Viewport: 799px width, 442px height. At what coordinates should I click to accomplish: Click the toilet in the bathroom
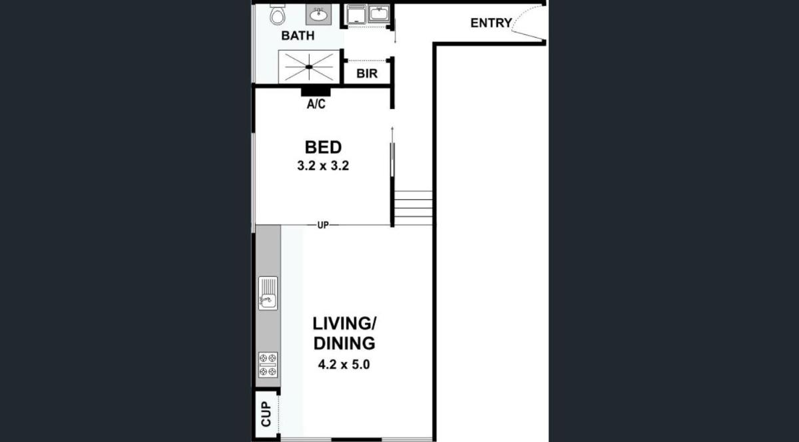click(277, 15)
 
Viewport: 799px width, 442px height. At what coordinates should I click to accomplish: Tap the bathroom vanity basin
click(318, 15)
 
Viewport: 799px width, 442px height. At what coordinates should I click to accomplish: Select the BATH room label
click(298, 36)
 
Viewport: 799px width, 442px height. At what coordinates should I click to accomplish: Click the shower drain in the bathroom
click(309, 67)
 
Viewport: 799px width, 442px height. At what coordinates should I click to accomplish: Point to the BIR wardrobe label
click(367, 73)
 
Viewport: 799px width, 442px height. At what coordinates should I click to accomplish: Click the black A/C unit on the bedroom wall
click(316, 92)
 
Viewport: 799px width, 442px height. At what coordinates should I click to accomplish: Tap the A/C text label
click(316, 104)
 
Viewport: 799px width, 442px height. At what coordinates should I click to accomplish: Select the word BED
click(323, 147)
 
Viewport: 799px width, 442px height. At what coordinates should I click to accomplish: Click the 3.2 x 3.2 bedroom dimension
click(323, 166)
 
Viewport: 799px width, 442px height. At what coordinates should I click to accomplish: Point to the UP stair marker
click(323, 225)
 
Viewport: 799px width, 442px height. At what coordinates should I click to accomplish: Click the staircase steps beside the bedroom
click(413, 208)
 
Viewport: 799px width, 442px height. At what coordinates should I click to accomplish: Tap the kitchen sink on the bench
click(268, 294)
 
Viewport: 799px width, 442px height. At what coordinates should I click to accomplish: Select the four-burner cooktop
click(268, 365)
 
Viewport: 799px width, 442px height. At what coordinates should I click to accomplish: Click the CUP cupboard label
click(266, 414)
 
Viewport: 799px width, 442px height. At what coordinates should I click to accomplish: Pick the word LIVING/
click(344, 324)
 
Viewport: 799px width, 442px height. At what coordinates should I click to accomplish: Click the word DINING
click(344, 343)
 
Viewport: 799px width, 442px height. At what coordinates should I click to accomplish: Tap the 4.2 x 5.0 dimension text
click(344, 365)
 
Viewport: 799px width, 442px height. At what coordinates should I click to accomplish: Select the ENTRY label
click(491, 23)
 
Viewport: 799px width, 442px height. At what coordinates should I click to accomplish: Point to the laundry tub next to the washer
click(379, 14)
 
